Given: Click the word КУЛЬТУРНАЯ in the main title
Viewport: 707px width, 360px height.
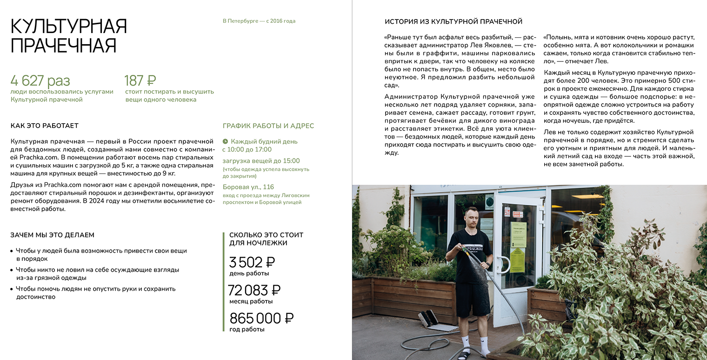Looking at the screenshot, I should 69,27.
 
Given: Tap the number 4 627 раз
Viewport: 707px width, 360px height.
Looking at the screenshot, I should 40,80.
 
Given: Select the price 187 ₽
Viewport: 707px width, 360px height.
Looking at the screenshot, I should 140,80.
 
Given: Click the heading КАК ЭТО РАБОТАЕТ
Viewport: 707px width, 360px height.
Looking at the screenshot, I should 45,126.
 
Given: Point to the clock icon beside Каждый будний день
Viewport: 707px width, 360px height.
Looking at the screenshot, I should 225,141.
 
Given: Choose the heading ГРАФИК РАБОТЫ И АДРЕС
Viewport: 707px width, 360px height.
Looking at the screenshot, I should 268,126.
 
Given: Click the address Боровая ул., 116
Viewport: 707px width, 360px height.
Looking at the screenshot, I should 248,187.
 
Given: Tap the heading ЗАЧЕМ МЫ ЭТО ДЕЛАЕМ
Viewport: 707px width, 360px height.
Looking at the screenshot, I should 52,235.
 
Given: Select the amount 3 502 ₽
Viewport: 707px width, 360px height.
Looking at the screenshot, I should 252,262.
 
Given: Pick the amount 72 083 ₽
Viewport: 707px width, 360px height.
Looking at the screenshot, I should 254,290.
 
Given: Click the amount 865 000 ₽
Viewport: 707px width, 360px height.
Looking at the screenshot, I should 261,319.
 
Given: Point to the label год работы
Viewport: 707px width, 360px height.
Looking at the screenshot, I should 247,329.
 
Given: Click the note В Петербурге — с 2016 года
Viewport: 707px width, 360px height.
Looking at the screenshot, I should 259,21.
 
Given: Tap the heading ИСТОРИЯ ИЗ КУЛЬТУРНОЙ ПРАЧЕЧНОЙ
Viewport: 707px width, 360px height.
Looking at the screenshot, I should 454,21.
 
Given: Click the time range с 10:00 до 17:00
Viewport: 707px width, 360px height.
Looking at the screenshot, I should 247,150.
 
